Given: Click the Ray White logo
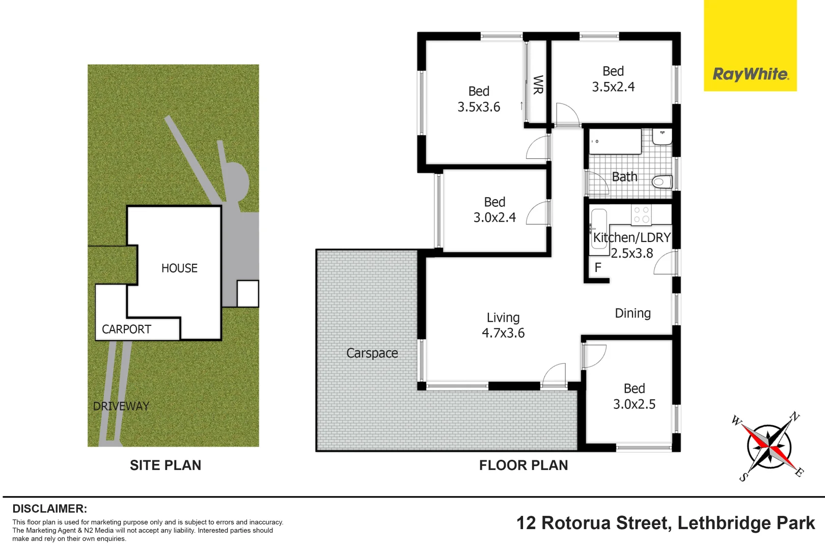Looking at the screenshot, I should (x=750, y=74).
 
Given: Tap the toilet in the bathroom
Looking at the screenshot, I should (x=663, y=182).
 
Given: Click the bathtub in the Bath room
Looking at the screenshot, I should (x=615, y=142).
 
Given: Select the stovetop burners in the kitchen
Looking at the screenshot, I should (x=641, y=214).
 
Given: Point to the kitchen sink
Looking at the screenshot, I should (x=599, y=229).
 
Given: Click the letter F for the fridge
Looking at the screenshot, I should (x=598, y=267).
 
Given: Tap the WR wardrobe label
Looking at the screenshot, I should (x=538, y=85).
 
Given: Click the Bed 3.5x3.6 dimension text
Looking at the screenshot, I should (x=479, y=107).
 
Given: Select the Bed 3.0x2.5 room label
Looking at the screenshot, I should (x=634, y=396).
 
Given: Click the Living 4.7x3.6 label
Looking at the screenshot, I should (x=503, y=325).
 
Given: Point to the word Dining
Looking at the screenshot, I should (x=632, y=313).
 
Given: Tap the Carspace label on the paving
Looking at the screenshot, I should (x=372, y=353).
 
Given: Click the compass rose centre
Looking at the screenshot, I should (x=769, y=446).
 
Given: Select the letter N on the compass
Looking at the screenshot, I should (x=794, y=417).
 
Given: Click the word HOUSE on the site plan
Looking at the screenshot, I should (x=179, y=268).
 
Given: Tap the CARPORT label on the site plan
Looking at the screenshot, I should (x=126, y=329).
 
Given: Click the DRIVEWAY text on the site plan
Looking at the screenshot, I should (x=121, y=406).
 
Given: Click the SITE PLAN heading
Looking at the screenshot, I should (x=166, y=465).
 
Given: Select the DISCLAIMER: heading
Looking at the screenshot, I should (x=49, y=508).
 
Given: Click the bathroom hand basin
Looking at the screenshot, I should (x=662, y=136).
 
